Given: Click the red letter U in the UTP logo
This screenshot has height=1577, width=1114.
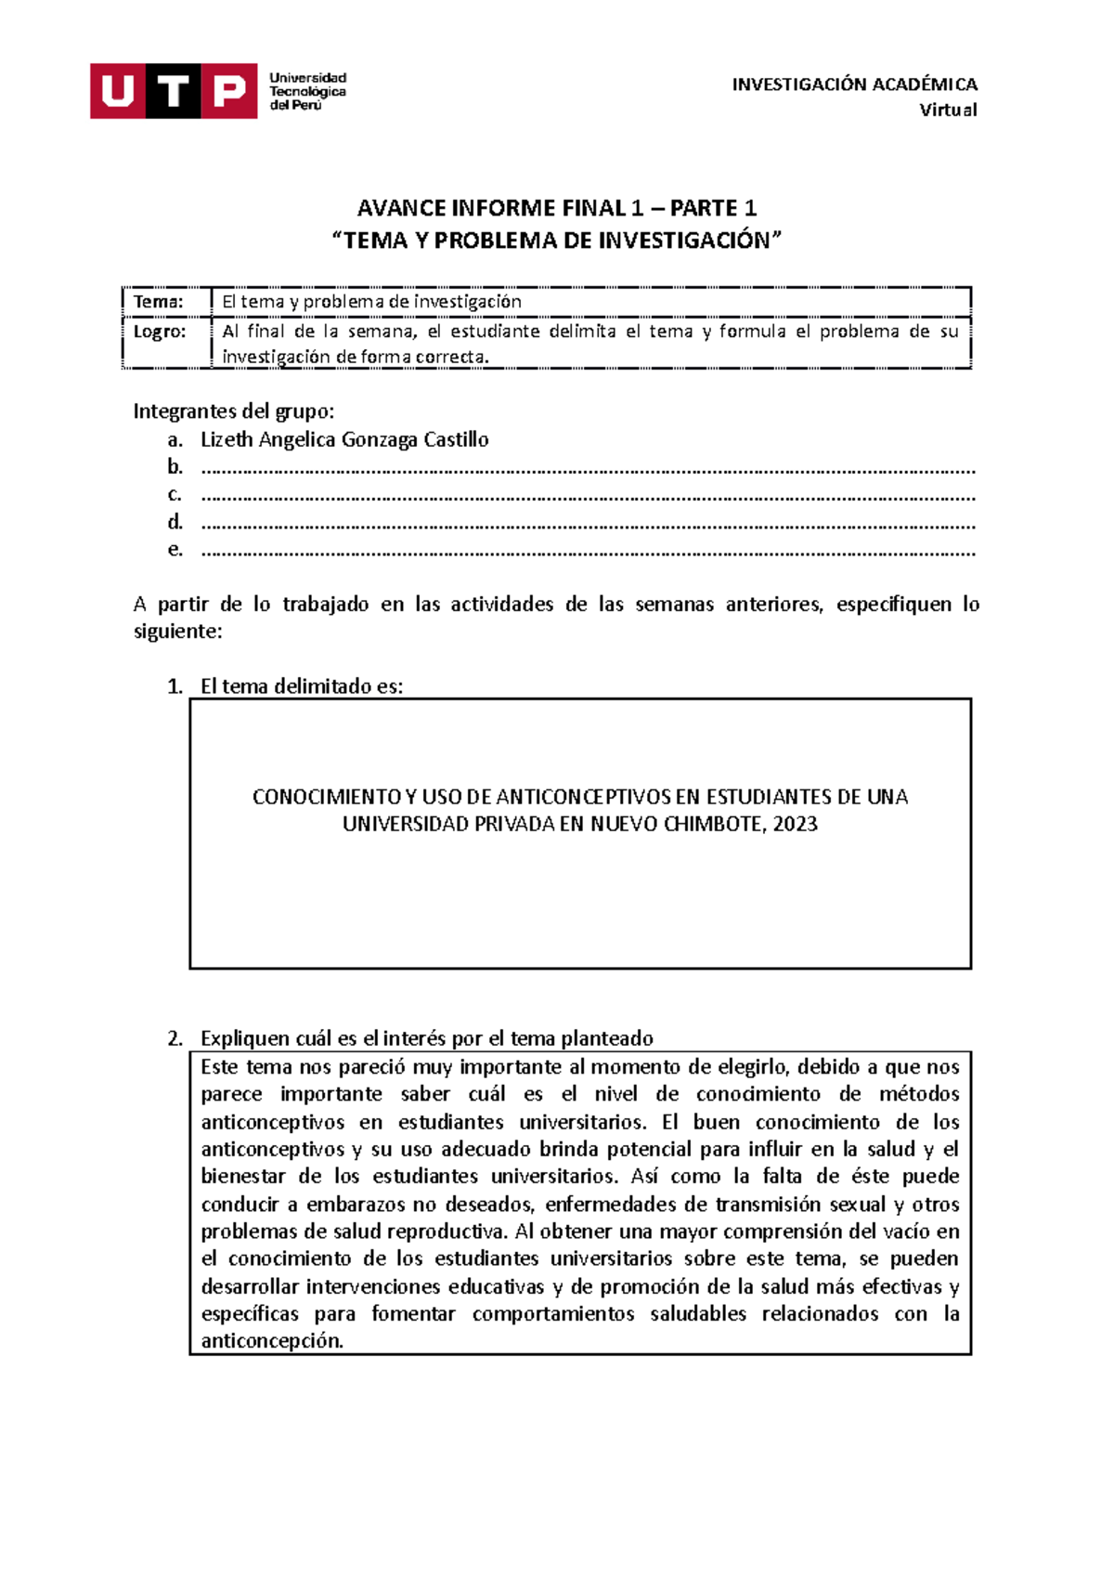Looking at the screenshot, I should pyautogui.click(x=117, y=91).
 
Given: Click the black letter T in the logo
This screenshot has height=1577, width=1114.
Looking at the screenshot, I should pyautogui.click(x=174, y=91).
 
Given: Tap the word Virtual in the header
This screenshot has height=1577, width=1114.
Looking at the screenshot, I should pyautogui.click(x=948, y=111).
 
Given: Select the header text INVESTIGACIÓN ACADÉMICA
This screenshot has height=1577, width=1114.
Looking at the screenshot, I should pyautogui.click(x=854, y=85).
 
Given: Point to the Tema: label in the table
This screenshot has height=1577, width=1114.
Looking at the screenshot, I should pyautogui.click(x=159, y=302).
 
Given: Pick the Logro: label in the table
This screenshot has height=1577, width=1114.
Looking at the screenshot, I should pyautogui.click(x=160, y=332).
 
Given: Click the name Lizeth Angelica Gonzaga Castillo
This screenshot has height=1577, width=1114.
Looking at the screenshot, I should pyautogui.click(x=344, y=439).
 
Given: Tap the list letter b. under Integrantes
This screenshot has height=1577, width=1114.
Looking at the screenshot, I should pyautogui.click(x=175, y=466).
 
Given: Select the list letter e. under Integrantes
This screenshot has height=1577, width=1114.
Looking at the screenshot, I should pyautogui.click(x=175, y=549).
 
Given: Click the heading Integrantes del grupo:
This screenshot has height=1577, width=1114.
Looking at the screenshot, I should pyautogui.click(x=234, y=411).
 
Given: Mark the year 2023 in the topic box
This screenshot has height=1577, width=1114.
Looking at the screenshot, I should pyautogui.click(x=795, y=824).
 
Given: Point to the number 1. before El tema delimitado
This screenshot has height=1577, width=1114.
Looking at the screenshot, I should pyautogui.click(x=175, y=686).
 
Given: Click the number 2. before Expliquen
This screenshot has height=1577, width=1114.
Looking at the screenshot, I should pyautogui.click(x=175, y=1038).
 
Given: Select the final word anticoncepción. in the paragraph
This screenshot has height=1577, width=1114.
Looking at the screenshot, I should pyautogui.click(x=272, y=1341).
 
